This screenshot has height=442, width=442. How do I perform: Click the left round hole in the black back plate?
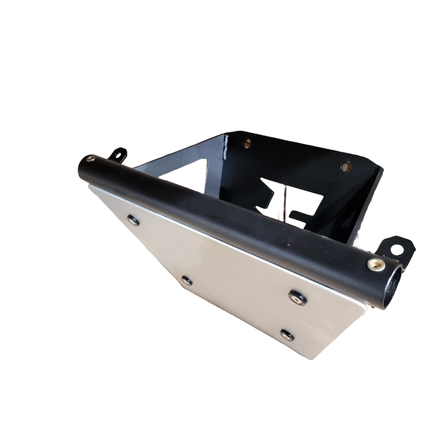pos(245,143)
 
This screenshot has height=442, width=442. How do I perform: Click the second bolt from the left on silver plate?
pos(185,279)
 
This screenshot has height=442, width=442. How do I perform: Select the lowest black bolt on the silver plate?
pos(286,334)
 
